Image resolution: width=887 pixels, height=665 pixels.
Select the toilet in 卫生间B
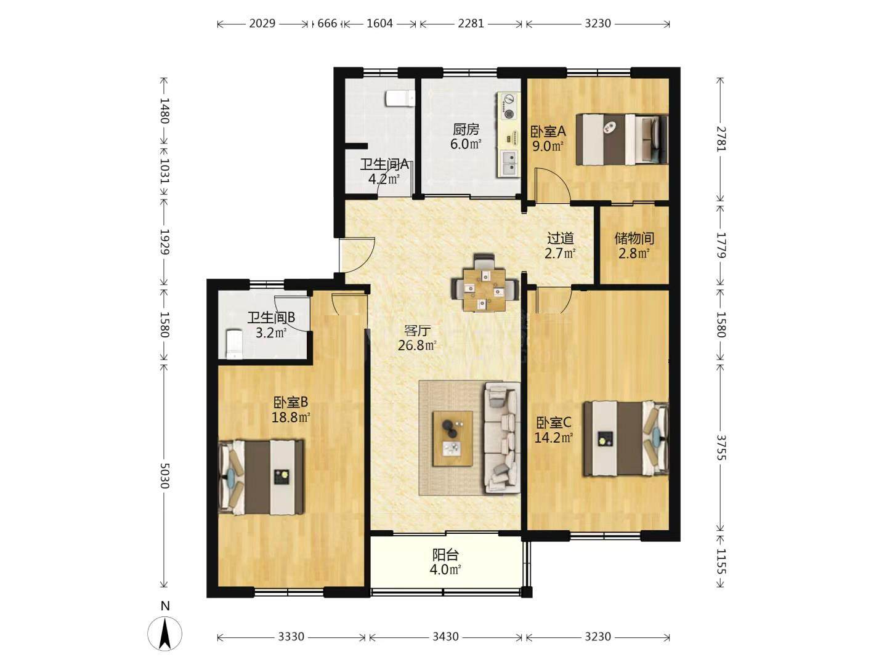pyautogui.click(x=234, y=344)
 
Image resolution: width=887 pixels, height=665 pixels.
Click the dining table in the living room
pyautogui.click(x=485, y=289)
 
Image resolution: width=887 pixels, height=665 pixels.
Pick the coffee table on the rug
pyautogui.click(x=453, y=438)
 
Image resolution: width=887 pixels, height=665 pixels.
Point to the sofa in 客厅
pyautogui.click(x=502, y=438)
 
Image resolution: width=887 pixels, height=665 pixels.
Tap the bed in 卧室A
pyautogui.click(x=622, y=139)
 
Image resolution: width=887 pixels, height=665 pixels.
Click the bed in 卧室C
pyautogui.click(x=626, y=438)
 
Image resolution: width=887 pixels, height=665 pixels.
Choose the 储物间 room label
pyautogui.click(x=634, y=239)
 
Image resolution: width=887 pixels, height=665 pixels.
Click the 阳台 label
pyautogui.click(x=445, y=555)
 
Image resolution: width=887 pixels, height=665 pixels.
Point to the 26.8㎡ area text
pyautogui.click(x=417, y=345)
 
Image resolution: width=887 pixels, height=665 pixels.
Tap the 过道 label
pyautogui.click(x=560, y=239)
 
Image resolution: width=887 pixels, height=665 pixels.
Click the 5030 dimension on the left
pyautogui.click(x=164, y=476)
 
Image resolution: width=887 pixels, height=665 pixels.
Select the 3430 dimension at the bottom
pyautogui.click(x=445, y=637)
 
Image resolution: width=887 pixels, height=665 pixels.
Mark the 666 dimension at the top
pyautogui.click(x=327, y=23)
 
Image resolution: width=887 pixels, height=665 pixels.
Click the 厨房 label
pyautogui.click(x=466, y=129)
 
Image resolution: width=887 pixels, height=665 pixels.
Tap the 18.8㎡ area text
pyautogui.click(x=291, y=417)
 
